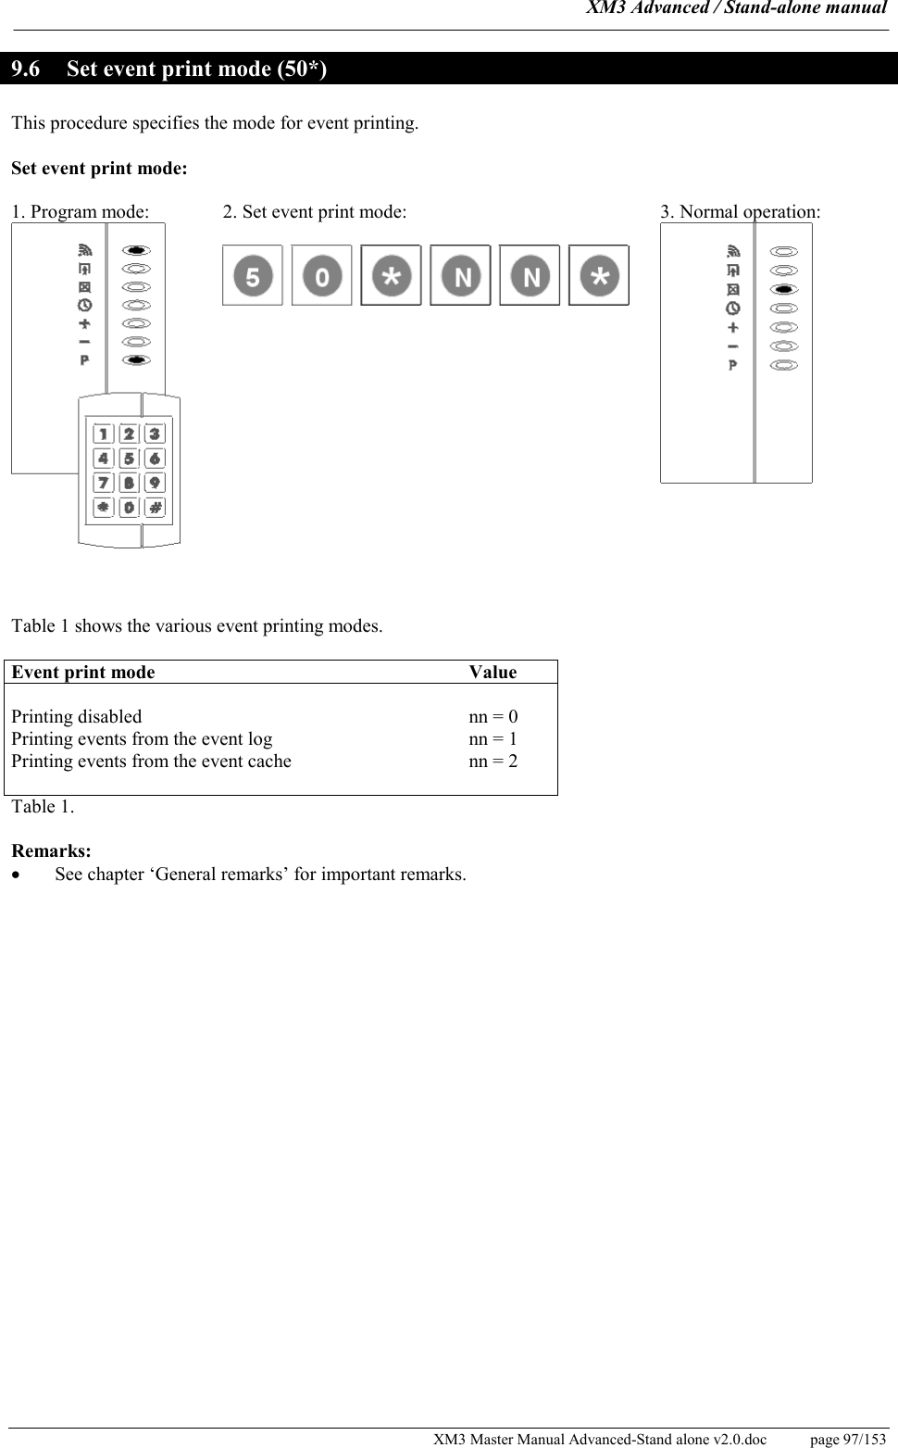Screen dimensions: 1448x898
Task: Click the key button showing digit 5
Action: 253,275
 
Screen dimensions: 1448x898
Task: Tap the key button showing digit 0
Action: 321,275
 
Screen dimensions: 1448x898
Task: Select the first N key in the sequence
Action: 460,275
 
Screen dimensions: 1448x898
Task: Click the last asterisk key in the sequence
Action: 599,275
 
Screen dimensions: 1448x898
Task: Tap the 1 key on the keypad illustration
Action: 103,434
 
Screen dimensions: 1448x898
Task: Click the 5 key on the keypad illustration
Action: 129,458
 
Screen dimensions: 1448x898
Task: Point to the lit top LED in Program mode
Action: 136,250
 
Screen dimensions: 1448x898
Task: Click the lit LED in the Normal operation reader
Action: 784,289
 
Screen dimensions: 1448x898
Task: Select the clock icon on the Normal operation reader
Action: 733,308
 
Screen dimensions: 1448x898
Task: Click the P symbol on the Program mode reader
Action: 84,359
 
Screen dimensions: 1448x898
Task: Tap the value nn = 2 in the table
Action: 493,762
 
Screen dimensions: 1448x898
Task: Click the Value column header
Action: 493,673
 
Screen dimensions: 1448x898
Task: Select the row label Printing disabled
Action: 77,717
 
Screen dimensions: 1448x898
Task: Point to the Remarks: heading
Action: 51,850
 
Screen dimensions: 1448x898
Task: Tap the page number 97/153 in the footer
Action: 847,1439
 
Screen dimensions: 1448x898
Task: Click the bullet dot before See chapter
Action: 16,875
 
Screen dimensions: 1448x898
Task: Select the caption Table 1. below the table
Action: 43,806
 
